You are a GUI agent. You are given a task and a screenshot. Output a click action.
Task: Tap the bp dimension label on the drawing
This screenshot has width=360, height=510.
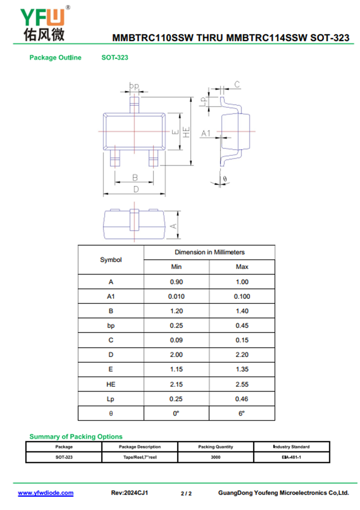tap(134, 85)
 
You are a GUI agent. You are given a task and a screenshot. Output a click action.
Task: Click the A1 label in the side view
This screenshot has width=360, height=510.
tap(206, 133)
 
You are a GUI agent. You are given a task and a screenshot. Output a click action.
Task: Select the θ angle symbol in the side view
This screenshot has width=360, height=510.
tap(225, 179)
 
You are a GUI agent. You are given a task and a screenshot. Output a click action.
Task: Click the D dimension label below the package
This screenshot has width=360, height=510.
tap(135, 190)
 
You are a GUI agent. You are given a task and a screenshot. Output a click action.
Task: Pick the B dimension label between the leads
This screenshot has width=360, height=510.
tap(135, 177)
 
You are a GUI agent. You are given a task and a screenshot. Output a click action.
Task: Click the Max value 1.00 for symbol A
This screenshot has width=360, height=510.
tap(242, 282)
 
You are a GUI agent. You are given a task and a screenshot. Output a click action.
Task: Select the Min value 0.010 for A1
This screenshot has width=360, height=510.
tap(176, 297)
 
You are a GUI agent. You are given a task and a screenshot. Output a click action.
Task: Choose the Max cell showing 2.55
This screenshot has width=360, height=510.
tap(242, 384)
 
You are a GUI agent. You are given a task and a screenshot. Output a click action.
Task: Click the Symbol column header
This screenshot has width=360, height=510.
tap(111, 260)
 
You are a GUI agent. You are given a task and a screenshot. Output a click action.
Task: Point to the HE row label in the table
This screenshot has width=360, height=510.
tap(111, 384)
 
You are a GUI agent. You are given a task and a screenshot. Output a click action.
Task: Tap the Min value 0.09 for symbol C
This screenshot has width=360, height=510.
tap(176, 340)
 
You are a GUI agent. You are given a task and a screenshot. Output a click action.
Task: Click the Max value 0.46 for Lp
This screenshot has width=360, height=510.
tap(242, 399)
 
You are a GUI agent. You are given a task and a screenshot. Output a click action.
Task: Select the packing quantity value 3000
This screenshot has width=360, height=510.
tap(216, 457)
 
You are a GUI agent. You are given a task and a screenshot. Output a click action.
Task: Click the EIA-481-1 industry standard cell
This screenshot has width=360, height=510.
tap(291, 457)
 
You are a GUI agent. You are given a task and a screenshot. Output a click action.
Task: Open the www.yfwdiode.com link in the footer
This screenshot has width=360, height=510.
tap(45, 493)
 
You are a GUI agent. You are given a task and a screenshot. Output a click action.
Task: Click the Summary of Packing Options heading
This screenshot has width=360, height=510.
tap(76, 437)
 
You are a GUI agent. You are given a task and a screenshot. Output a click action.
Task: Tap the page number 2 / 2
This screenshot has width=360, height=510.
tap(186, 493)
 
